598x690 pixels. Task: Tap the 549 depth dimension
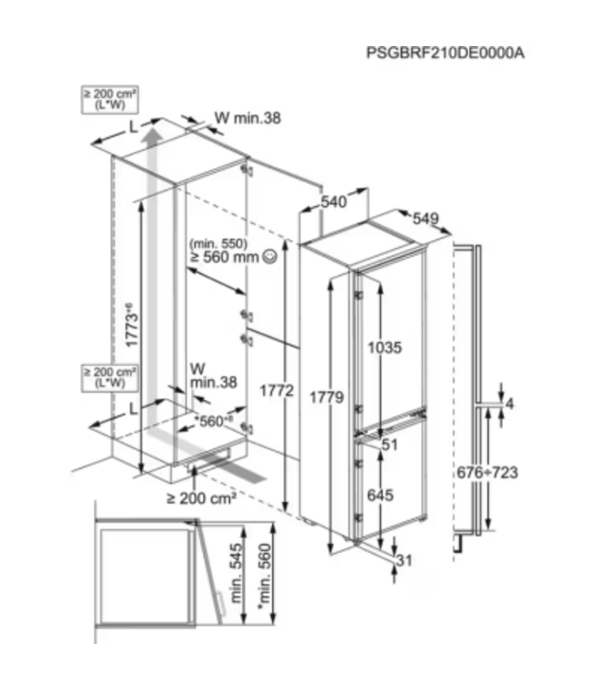click(x=425, y=219)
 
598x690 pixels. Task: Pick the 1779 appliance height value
click(x=328, y=397)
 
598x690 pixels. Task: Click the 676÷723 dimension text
click(x=488, y=472)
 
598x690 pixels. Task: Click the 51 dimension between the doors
click(x=390, y=445)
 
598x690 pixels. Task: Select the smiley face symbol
click(x=269, y=258)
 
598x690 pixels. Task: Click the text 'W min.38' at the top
click(x=247, y=117)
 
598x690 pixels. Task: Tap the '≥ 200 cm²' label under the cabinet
click(x=201, y=498)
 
